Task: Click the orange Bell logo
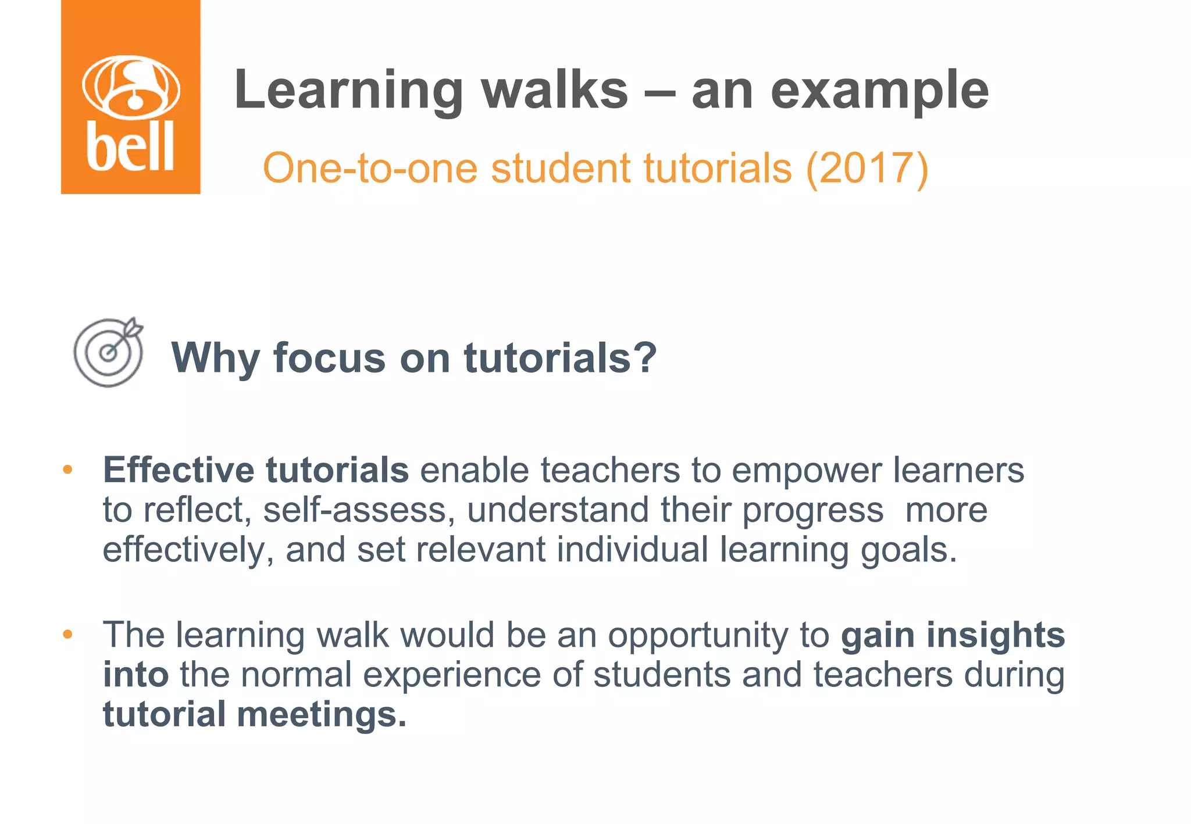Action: (x=131, y=97)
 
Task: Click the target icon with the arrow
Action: (x=109, y=352)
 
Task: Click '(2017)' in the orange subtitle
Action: (x=867, y=169)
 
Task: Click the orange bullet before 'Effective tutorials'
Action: (x=68, y=469)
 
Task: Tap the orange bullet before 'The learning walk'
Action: (x=68, y=634)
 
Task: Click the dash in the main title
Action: (x=660, y=92)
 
